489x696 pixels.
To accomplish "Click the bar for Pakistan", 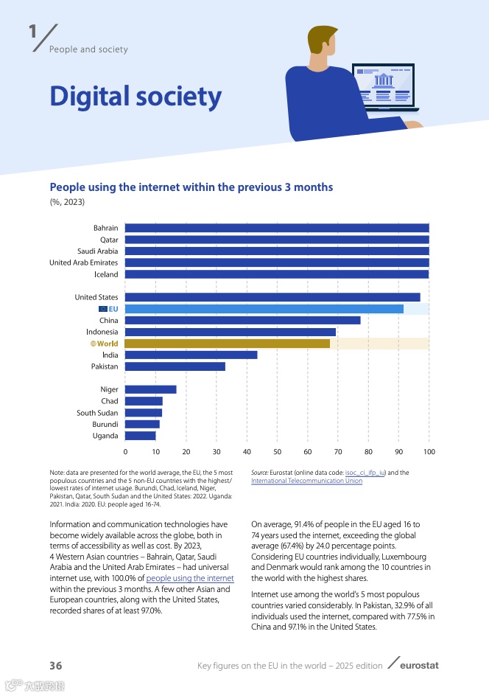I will [175, 366].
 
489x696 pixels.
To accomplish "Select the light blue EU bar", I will [264, 309].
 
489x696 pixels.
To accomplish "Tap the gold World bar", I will [227, 344].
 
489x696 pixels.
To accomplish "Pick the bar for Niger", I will [150, 389].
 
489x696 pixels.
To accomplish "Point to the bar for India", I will [191, 355].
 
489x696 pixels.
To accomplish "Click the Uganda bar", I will [140, 436].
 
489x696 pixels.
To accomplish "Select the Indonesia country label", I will [102, 332].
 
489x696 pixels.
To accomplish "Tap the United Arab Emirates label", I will [83, 262].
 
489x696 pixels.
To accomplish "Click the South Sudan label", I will [97, 413].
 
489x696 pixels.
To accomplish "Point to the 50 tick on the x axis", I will [277, 451].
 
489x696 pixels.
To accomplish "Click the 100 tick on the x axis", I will [429, 451].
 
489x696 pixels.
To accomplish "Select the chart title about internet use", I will [191, 187].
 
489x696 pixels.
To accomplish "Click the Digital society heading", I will [136, 97].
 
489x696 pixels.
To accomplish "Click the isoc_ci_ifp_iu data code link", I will [366, 473].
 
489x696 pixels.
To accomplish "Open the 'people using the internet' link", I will [190, 579].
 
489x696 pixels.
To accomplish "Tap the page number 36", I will [56, 666].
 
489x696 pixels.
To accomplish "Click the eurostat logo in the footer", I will [418, 666].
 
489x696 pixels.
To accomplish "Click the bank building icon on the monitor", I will [384, 80].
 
